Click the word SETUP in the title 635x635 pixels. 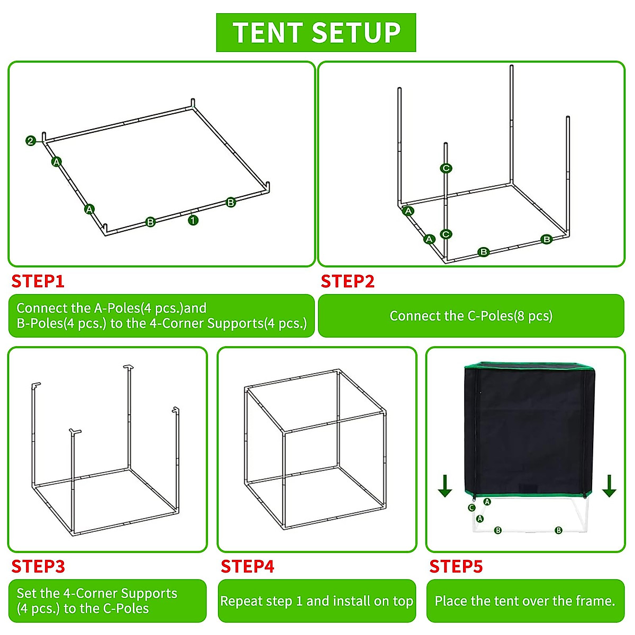tap(356, 33)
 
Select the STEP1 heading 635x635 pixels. tap(38, 281)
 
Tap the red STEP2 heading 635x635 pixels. tap(348, 281)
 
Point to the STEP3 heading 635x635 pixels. tap(38, 566)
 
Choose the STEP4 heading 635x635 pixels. tap(247, 566)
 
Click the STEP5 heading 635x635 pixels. tap(456, 566)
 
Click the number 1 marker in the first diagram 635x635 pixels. tap(193, 220)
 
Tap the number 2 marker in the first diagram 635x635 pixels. tap(31, 141)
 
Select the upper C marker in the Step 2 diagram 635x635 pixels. tap(446, 168)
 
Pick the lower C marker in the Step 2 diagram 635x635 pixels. tap(446, 234)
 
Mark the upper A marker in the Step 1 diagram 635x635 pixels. tap(57, 161)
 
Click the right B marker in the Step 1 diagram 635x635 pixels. tap(231, 202)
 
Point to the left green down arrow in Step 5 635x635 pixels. tap(445, 486)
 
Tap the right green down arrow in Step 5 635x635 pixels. tap(609, 486)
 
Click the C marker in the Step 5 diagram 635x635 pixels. tap(472, 507)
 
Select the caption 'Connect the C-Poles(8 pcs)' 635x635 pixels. tap(471, 316)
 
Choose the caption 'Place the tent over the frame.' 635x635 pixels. tap(525, 601)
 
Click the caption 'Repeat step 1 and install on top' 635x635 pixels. tap(316, 601)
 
